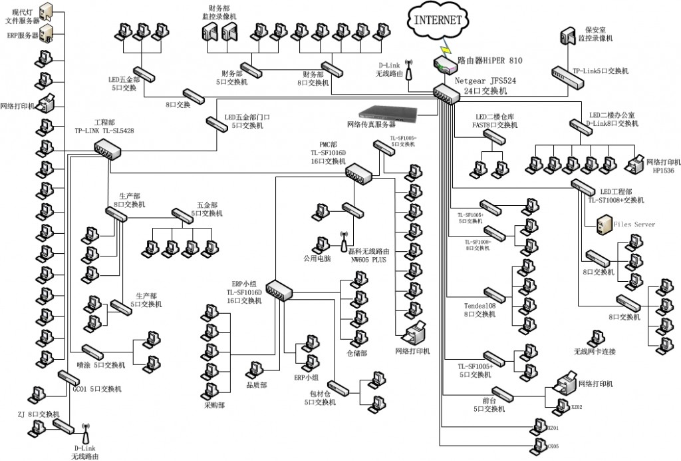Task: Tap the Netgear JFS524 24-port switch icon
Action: click(446, 95)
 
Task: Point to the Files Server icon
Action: click(603, 225)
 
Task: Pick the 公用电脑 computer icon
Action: click(317, 244)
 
